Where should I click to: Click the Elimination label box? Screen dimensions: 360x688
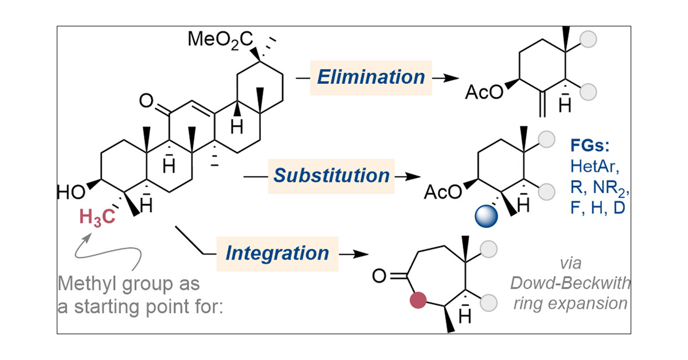[x=371, y=77]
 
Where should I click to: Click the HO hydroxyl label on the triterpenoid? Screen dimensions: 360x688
[x=70, y=191]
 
